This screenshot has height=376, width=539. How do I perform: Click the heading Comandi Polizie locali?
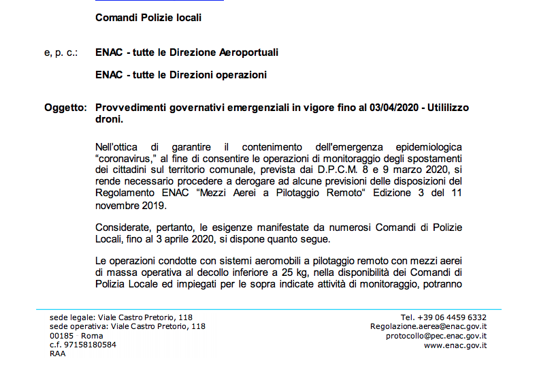click(148, 18)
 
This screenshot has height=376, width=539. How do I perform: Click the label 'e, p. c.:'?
click(61, 52)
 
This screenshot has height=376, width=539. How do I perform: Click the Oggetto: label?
click(65, 108)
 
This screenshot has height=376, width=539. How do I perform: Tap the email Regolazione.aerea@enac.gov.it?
click(428, 326)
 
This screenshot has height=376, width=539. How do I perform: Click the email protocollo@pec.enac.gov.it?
click(436, 336)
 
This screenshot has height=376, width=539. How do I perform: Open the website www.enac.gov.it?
click(455, 345)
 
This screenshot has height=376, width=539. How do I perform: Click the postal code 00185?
click(61, 336)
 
